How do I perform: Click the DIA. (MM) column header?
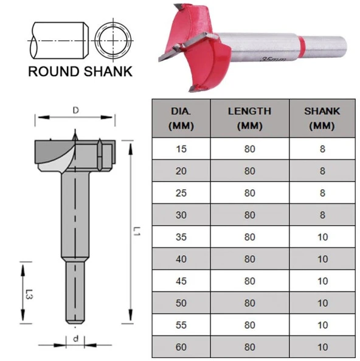click(181, 118)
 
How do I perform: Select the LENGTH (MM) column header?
click(249, 118)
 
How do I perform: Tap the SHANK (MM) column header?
click(322, 118)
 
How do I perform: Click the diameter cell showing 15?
click(181, 149)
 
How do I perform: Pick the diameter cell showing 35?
click(181, 237)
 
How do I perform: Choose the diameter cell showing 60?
click(181, 347)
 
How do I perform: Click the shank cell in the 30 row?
click(322, 215)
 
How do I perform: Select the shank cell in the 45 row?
click(322, 281)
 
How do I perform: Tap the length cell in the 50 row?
click(249, 303)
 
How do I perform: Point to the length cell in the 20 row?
click(249, 171)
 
